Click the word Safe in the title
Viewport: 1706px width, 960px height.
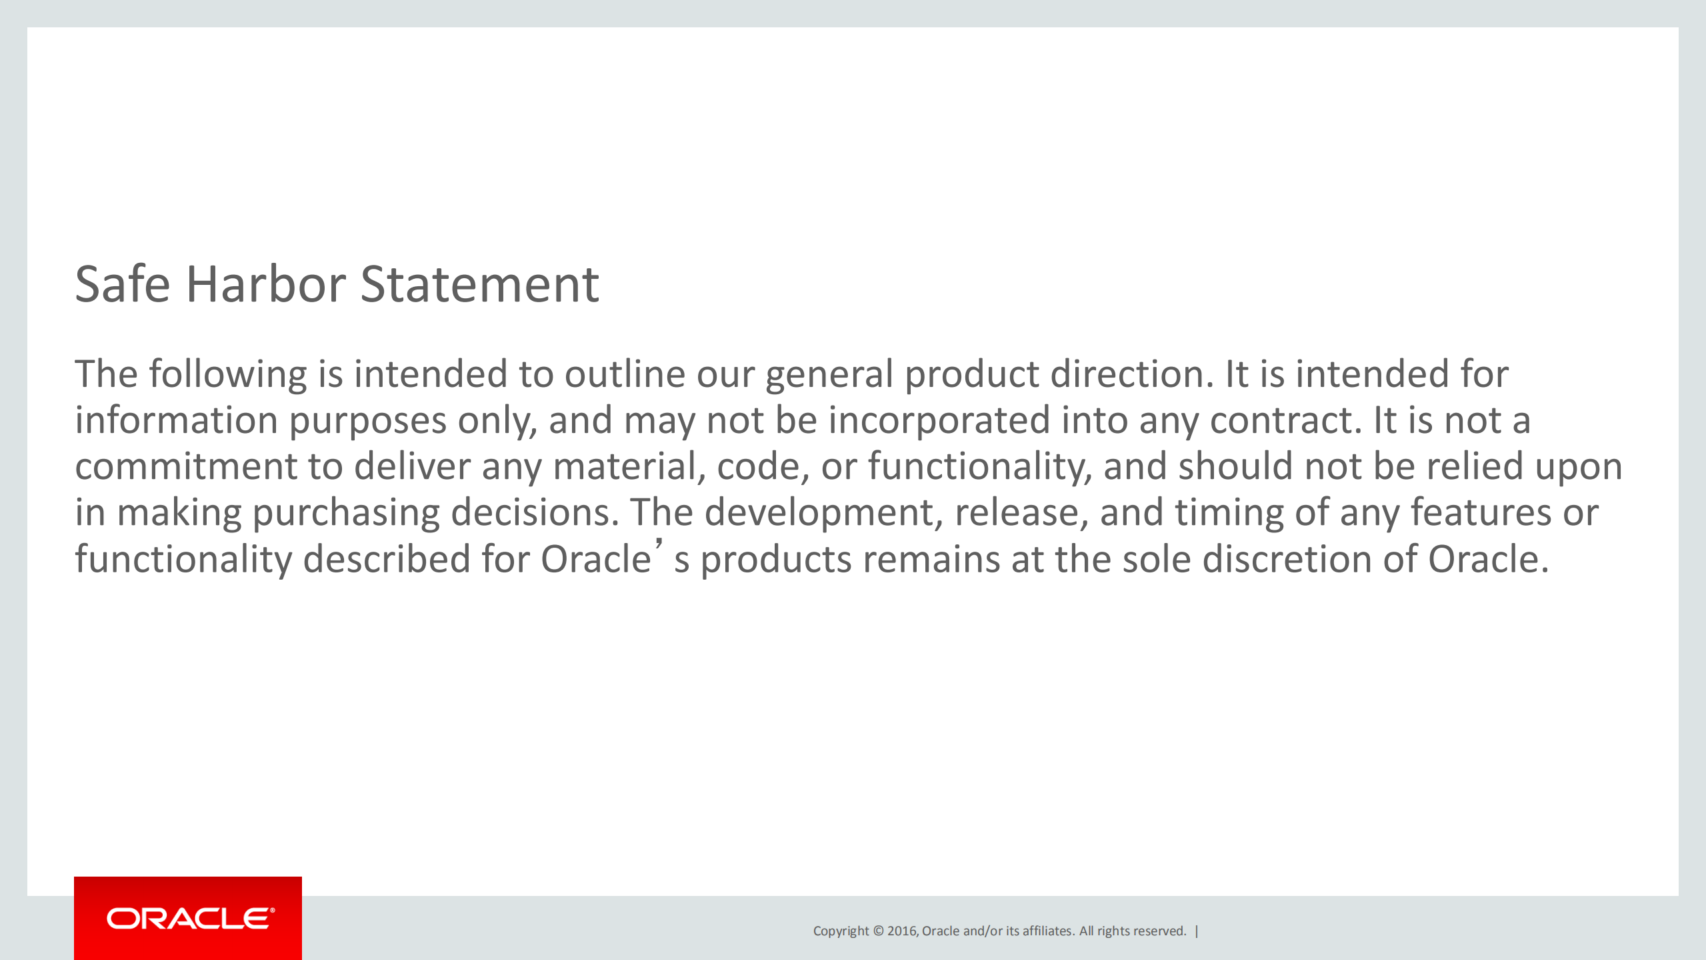123,285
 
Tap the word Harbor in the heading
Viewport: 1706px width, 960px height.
265,285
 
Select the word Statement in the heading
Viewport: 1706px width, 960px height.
479,285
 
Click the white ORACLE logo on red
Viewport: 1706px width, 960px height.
190,919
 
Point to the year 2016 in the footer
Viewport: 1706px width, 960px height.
902,931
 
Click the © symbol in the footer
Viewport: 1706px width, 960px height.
878,931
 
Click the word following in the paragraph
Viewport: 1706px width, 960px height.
227,374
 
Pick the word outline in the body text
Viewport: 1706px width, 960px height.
625,374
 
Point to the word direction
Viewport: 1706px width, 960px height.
1131,374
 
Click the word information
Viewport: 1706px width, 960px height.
176,421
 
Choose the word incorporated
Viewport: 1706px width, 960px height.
939,421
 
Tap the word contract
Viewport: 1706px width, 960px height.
1285,421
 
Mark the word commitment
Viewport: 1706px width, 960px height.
185,466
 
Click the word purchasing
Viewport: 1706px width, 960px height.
346,513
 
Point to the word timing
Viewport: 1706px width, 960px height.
1229,513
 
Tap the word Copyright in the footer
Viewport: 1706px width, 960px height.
841,931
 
